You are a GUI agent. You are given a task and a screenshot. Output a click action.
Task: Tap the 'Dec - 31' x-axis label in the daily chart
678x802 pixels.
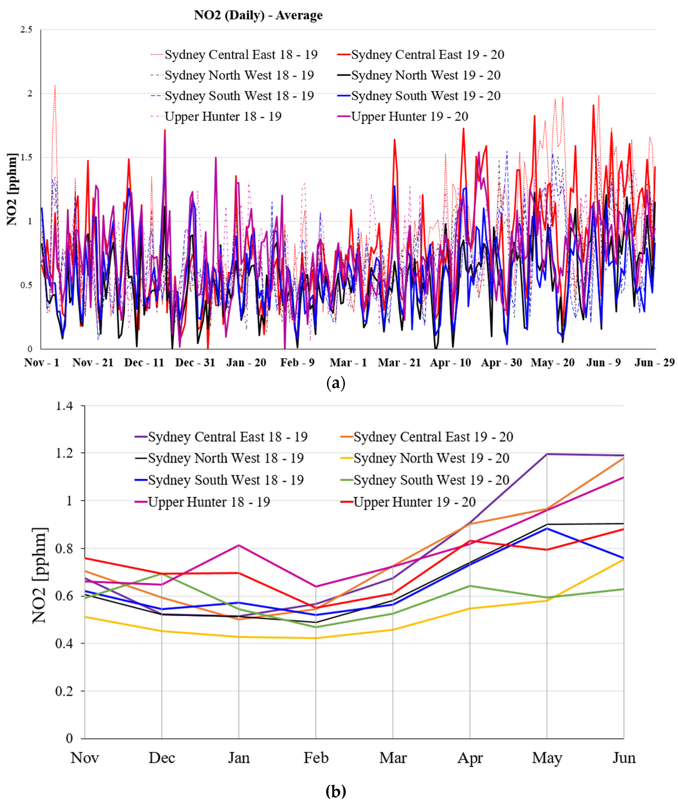tap(195, 362)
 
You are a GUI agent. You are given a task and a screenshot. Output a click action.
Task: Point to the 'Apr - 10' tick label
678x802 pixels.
tap(450, 362)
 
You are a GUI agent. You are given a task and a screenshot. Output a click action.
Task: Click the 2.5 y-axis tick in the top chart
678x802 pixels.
tap(26, 30)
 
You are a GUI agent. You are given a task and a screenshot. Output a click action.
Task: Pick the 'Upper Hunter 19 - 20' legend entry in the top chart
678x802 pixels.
tap(409, 116)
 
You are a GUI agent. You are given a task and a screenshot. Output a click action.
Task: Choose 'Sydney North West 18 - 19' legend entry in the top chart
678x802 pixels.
tap(239, 75)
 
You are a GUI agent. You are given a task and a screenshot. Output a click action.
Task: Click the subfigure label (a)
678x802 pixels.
tap(336, 383)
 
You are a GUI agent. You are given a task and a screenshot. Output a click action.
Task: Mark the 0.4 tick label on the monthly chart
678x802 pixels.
tap(64, 643)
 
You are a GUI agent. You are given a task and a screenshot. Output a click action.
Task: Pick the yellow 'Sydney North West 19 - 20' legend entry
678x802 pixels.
tap(431, 458)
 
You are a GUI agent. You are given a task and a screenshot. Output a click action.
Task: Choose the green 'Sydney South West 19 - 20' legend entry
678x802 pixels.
tap(431, 480)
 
